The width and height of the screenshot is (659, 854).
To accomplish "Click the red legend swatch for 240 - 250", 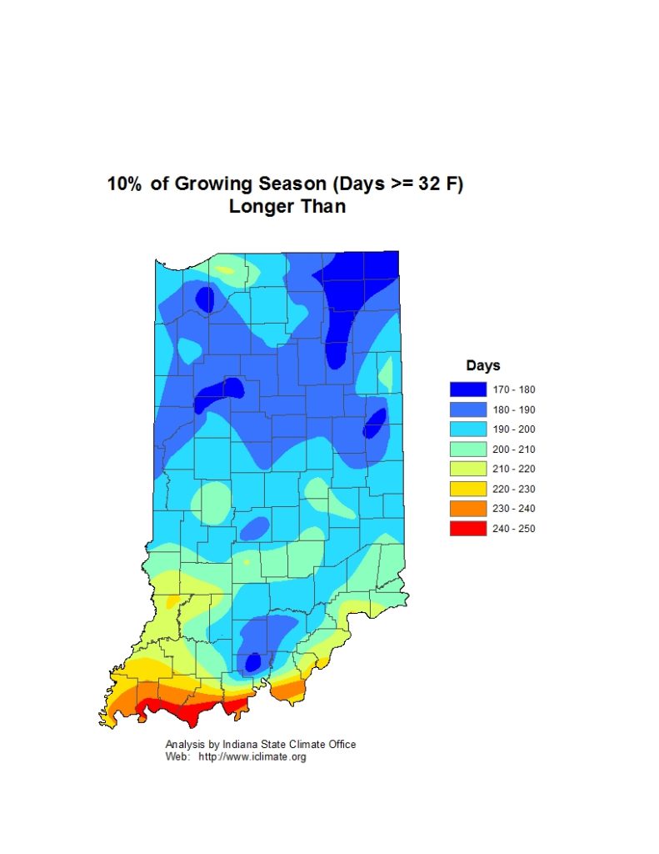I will pyautogui.click(x=467, y=528).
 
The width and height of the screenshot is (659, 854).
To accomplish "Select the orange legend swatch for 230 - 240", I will pyautogui.click(x=467, y=509).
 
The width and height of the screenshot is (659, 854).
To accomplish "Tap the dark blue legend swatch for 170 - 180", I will pyautogui.click(x=467, y=389).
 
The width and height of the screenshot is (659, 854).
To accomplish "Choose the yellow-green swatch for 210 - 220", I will pyautogui.click(x=467, y=469).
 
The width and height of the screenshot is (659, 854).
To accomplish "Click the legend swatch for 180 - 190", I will pyautogui.click(x=467, y=409).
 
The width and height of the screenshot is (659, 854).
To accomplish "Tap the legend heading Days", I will pyautogui.click(x=482, y=365).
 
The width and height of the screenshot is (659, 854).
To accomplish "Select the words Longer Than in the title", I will pyautogui.click(x=287, y=207).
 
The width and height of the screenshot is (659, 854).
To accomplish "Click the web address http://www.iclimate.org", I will pyautogui.click(x=252, y=757).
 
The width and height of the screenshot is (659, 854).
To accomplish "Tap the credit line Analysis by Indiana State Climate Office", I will pyautogui.click(x=261, y=744).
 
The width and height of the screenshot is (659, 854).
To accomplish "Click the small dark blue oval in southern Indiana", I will pyautogui.click(x=252, y=663).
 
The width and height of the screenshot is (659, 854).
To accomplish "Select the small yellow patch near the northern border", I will pyautogui.click(x=225, y=270).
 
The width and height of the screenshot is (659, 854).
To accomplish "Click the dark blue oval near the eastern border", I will pyautogui.click(x=374, y=424).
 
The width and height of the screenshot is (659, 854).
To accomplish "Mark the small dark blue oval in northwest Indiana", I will pyautogui.click(x=205, y=299).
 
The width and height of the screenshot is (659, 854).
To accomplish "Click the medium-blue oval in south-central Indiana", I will pyautogui.click(x=254, y=528).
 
